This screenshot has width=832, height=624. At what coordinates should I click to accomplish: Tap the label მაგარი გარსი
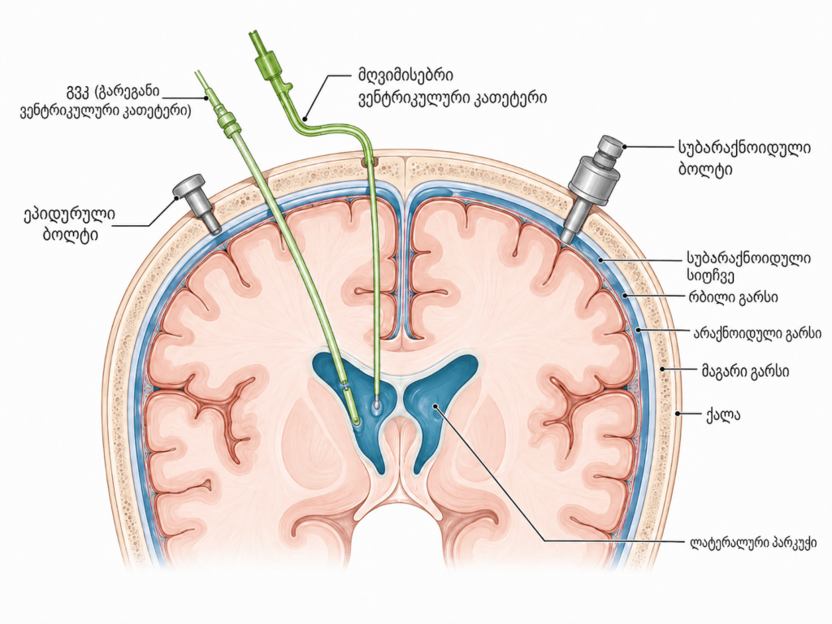[745, 371]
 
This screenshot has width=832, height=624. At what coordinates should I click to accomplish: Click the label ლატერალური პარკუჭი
[753, 542]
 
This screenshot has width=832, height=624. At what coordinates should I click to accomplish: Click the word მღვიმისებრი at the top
[405, 76]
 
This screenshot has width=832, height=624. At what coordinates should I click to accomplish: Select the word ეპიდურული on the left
[69, 214]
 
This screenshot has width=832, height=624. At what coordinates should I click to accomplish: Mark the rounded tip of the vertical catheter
[376, 404]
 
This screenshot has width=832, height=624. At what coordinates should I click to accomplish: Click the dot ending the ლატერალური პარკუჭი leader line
[435, 406]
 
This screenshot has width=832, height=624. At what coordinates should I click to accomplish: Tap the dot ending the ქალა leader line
[678, 413]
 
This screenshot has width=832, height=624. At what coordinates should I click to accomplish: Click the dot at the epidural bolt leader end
[178, 198]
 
